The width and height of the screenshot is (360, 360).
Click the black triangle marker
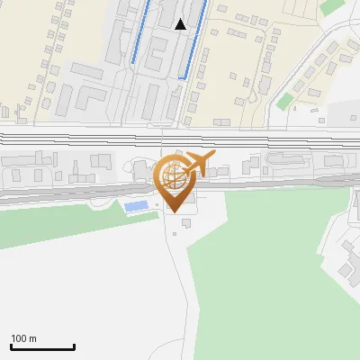tap(181, 24)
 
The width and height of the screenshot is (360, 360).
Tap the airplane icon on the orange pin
tap(198, 165)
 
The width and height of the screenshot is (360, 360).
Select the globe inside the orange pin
tap(171, 177)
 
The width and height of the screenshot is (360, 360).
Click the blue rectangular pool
tap(137, 207)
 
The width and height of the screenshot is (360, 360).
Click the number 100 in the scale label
tap(20, 338)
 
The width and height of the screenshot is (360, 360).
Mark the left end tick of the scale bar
tap(12, 346)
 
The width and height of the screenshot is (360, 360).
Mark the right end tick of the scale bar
tap(74, 346)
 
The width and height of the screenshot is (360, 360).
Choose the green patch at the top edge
tap(331, 5)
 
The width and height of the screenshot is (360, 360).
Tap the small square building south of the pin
tap(185, 221)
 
